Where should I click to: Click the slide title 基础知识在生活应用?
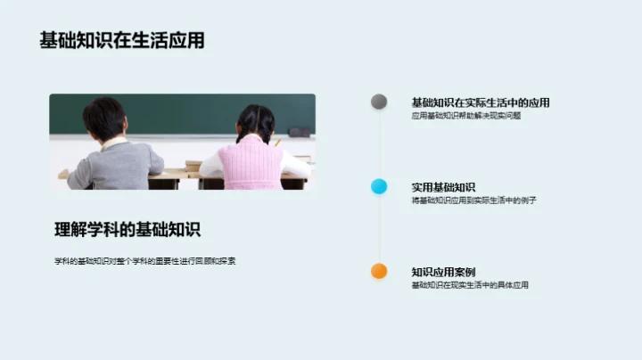tap(122, 41)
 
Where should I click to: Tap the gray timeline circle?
tap(379, 102)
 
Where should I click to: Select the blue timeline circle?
tap(379, 186)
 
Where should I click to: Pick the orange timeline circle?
tap(379, 271)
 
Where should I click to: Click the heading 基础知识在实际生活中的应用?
tap(480, 102)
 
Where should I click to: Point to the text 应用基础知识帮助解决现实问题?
tap(465, 116)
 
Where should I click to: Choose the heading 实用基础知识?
tap(443, 187)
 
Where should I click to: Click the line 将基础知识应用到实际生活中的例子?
tap(473, 200)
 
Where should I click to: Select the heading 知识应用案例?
tap(443, 272)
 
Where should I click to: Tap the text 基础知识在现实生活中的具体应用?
tap(470, 285)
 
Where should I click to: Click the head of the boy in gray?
tap(104, 118)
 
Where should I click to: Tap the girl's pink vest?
tap(252, 165)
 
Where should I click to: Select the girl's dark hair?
tap(256, 122)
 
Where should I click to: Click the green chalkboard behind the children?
tap(178, 111)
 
